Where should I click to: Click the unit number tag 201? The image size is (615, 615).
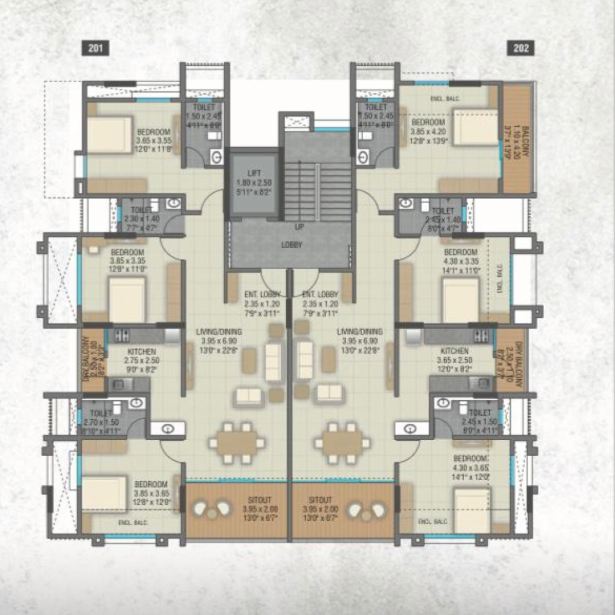point(95,49)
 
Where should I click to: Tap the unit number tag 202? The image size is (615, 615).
point(521,49)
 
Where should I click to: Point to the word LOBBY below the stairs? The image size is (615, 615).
point(291,245)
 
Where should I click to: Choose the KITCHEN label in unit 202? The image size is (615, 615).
point(454,351)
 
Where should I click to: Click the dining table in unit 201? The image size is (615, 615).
point(236,442)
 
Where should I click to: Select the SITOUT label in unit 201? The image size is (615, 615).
point(261,500)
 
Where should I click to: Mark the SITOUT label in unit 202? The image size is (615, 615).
point(321,500)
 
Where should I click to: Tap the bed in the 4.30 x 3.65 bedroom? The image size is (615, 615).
point(472,510)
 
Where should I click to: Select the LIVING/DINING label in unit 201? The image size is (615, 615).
point(219,332)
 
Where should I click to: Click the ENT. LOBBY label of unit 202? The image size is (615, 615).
point(320,295)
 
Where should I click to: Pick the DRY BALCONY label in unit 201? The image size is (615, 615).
point(86,359)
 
